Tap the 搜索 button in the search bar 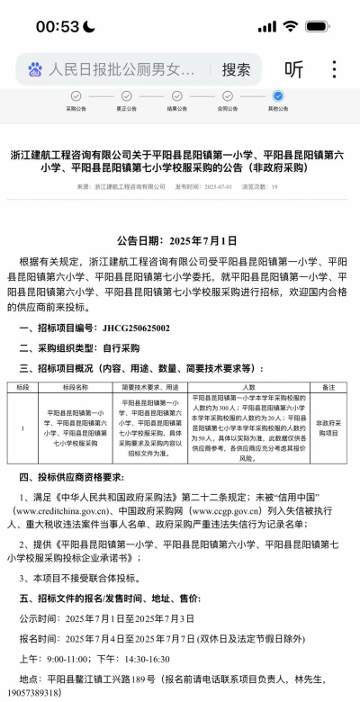point(236,69)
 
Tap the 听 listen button point(293,69)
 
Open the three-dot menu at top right point(335,69)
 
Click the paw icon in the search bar point(35,69)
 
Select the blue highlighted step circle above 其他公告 point(278,95)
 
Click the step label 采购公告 point(76,108)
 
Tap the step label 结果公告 point(177,108)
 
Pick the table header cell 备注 point(328,386)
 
